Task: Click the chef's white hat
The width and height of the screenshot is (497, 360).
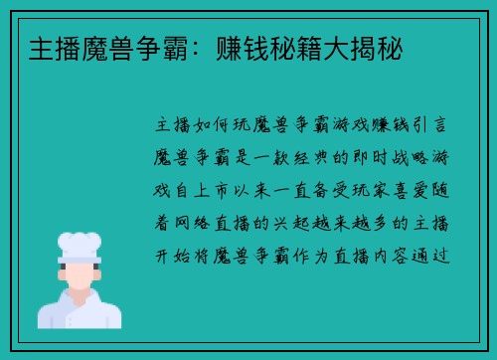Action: pos(80,245)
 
